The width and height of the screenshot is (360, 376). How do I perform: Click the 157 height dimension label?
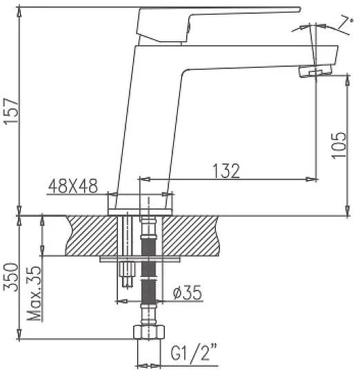click(x=11, y=110)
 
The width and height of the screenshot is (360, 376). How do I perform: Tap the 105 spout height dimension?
click(x=339, y=145)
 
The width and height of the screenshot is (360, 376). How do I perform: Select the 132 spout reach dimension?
click(x=226, y=171)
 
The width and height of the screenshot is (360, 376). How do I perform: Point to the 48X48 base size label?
click(x=73, y=186)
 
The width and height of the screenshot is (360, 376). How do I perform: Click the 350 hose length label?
click(x=11, y=277)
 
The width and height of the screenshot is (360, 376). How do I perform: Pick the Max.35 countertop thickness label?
click(x=34, y=293)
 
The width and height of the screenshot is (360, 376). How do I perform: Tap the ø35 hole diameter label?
click(x=188, y=293)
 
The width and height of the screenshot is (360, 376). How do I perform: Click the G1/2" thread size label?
click(x=194, y=352)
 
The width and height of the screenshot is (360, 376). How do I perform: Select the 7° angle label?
click(x=345, y=23)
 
